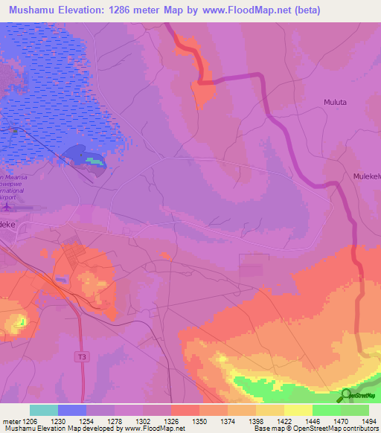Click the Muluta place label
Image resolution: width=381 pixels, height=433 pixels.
click(336, 102)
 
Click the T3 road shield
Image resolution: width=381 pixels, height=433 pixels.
click(82, 358)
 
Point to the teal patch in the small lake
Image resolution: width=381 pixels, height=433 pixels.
click(92, 160)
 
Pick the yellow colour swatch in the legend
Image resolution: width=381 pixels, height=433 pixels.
click(298, 410)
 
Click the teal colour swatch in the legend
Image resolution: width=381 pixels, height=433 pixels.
click(44, 410)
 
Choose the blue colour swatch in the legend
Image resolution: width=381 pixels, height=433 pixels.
click(72, 410)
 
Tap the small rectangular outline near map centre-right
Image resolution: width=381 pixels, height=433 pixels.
click(254, 266)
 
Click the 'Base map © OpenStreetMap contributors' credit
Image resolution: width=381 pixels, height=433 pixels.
click(314, 429)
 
